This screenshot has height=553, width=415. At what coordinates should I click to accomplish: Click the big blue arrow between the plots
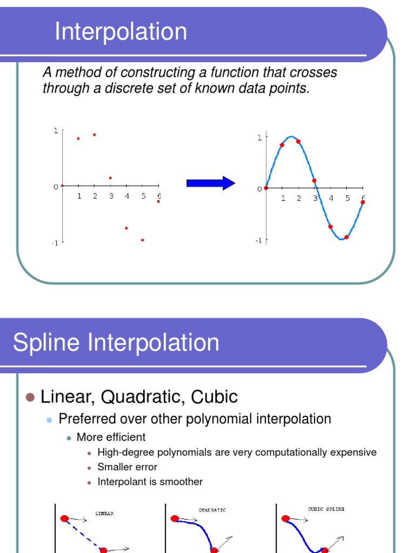coord(211,183)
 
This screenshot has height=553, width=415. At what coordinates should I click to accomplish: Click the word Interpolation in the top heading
coord(121,32)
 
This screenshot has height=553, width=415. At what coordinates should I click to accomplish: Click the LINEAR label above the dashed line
coord(104,514)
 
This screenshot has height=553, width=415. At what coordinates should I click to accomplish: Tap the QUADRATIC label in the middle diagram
coord(212,510)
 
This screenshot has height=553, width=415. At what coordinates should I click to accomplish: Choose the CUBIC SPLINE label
coord(326,509)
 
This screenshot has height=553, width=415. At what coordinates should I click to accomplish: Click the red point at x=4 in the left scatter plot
coord(126,228)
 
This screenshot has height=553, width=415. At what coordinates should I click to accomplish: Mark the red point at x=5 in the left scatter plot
coord(143,240)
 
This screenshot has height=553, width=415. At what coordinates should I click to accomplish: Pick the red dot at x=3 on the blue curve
coord(314,181)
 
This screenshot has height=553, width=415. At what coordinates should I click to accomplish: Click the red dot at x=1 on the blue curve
coord(282,145)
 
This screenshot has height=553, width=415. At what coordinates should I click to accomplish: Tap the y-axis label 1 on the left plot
coord(56,130)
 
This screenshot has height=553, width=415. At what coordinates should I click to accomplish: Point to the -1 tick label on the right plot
coord(258,240)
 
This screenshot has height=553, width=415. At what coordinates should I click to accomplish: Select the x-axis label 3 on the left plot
coord(111,196)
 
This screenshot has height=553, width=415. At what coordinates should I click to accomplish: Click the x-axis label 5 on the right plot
coord(347,198)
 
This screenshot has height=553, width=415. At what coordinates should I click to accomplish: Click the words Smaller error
coord(128,467)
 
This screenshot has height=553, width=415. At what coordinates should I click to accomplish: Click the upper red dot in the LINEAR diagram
coord(64,518)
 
